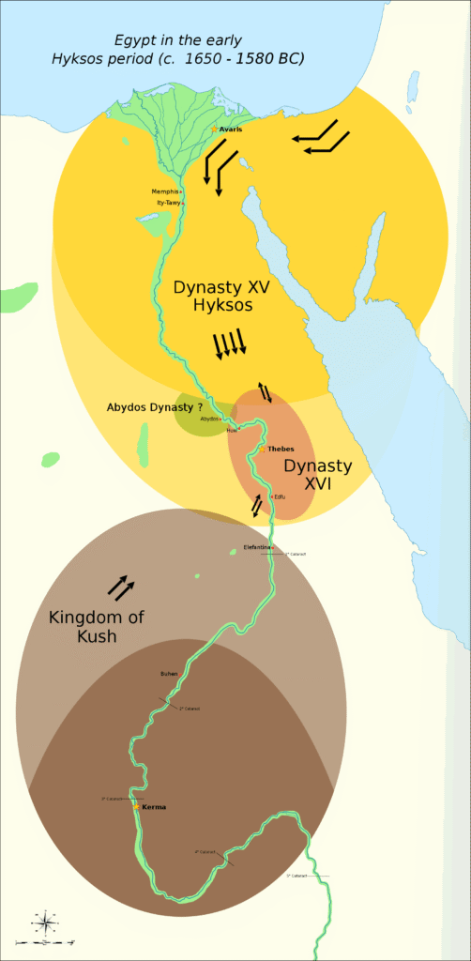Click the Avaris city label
231,130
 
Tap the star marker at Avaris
214,129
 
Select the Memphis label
164,191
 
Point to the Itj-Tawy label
168,203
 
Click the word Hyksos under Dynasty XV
212,306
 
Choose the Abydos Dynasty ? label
154,407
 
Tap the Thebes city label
281,450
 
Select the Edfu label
280,496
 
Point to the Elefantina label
256,546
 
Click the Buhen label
169,674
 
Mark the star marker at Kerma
137,807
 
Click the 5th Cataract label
296,876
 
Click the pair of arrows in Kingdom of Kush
120,587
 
